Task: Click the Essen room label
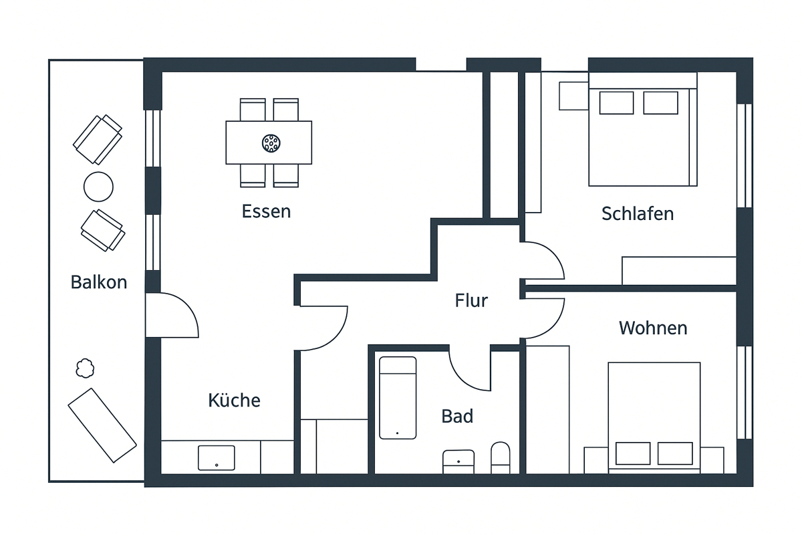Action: tap(266, 212)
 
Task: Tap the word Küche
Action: tap(234, 401)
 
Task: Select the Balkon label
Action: tap(98, 282)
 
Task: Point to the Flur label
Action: tap(471, 301)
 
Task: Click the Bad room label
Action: tap(457, 417)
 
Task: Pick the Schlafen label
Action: tap(637, 214)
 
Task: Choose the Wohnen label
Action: tap(652, 328)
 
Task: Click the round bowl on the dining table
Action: tap(271, 142)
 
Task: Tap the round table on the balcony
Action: tap(98, 187)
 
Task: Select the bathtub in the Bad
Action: tap(398, 397)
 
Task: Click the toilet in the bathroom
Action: tap(500, 457)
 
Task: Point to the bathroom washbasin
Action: tap(458, 461)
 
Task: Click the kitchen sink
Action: tap(217, 457)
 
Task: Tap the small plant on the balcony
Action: tap(85, 368)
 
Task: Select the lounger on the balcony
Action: tap(102, 425)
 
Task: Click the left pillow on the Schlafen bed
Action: tap(616, 103)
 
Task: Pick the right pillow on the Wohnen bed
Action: tap(675, 453)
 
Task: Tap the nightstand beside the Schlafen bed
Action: tap(573, 95)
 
